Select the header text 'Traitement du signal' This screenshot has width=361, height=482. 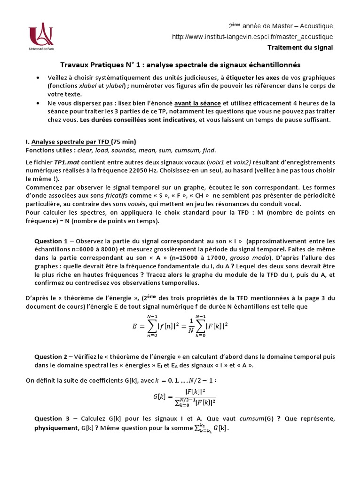tap(300, 48)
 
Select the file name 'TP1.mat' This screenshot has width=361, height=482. tap(65, 161)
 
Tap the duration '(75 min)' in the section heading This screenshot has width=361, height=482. tap(123, 142)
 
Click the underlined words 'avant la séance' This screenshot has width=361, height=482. tap(195, 103)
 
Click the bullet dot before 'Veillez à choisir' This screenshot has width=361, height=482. tap(38, 78)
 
